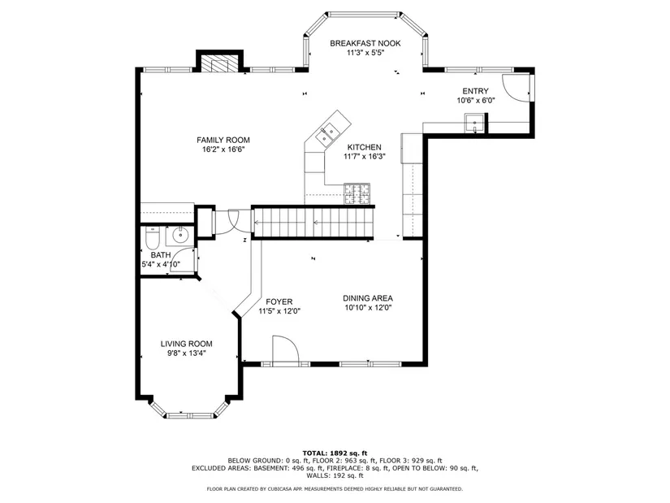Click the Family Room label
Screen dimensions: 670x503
[x=223, y=140]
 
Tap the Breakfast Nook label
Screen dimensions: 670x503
[x=365, y=43]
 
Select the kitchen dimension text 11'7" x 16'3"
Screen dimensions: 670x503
[x=365, y=157]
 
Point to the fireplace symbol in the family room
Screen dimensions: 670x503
[x=220, y=64]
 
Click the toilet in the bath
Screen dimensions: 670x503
[x=153, y=239]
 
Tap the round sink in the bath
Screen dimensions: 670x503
[x=180, y=235]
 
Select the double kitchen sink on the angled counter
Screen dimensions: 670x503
[x=328, y=133]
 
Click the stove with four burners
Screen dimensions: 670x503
[x=357, y=193]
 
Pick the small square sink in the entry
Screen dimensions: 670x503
[x=474, y=124]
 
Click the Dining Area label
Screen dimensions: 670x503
[x=368, y=298]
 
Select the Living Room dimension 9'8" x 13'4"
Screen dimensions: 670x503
[x=187, y=353]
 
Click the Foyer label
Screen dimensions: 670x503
[x=279, y=301]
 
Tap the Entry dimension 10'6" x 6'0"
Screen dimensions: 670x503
[x=476, y=101]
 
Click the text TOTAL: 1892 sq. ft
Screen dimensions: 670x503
[x=335, y=453]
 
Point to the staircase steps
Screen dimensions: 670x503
[x=314, y=223]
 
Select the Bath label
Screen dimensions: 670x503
[x=161, y=255]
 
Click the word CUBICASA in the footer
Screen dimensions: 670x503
[x=279, y=489]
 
